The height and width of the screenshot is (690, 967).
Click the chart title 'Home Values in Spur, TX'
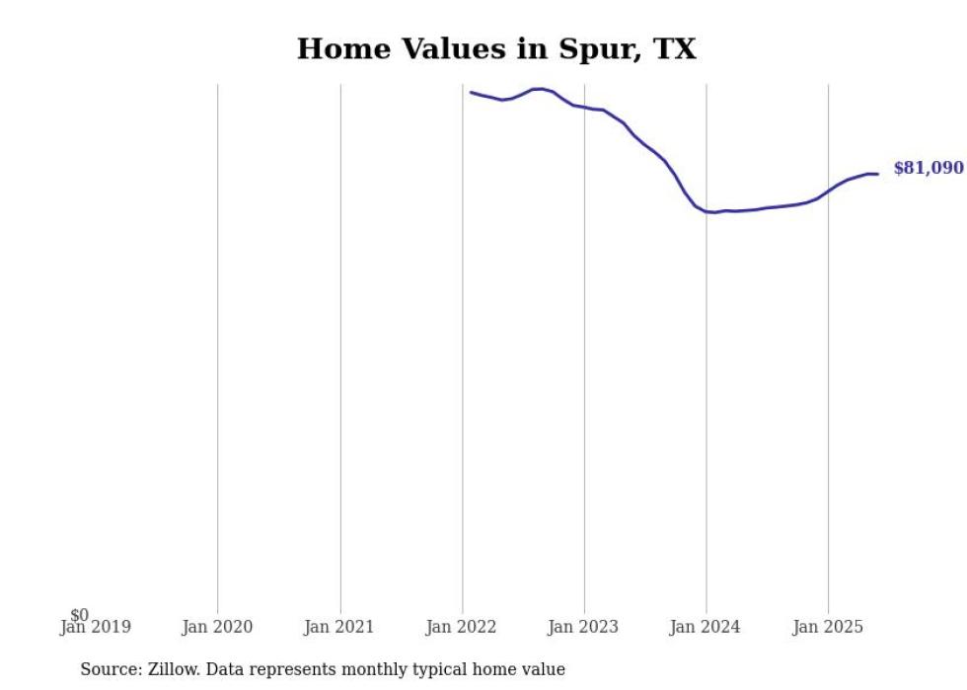click(x=496, y=49)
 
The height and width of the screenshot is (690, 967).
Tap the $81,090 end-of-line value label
click(x=928, y=169)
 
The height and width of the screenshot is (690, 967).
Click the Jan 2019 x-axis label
click(x=96, y=627)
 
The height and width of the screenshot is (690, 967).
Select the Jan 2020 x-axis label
click(x=217, y=627)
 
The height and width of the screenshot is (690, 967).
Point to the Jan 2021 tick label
click(x=339, y=627)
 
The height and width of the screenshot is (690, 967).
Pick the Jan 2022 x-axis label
click(x=462, y=627)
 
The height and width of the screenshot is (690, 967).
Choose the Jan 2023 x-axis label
click(x=584, y=627)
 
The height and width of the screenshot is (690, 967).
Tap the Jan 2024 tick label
click(x=706, y=627)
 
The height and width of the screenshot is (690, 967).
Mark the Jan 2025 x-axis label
click(x=828, y=627)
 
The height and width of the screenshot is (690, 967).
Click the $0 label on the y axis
click(x=79, y=615)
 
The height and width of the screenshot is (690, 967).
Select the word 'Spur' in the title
click(x=581, y=49)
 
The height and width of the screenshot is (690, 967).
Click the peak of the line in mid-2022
click(x=539, y=89)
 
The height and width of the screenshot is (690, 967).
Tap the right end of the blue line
click(x=877, y=175)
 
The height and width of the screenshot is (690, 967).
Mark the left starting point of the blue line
click(x=472, y=93)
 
